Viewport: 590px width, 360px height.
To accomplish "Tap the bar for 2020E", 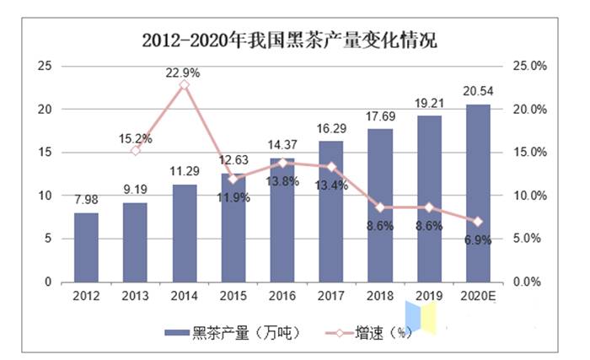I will pos(477,193).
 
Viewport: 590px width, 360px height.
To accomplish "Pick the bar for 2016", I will pos(282,219).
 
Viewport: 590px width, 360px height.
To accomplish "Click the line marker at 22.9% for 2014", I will pos(184,85).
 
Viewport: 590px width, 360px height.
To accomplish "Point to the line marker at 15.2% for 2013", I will pos(135,150).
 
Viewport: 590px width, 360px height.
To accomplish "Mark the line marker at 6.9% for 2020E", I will pos(477,222).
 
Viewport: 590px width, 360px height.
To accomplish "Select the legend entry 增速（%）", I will pos(367,332).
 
